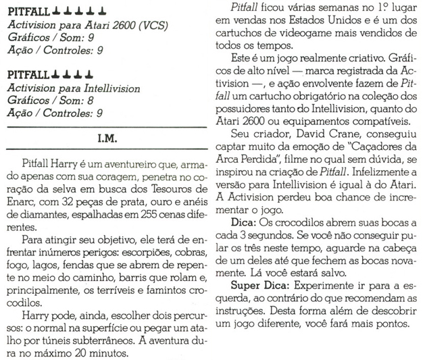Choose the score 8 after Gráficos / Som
click(x=80, y=101)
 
